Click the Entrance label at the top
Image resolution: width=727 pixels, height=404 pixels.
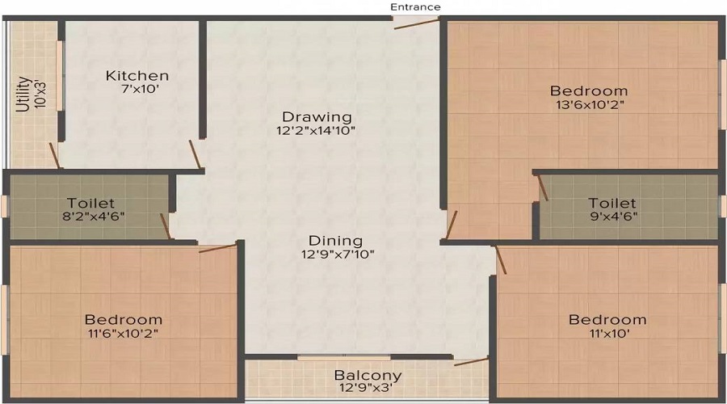tap(415, 7)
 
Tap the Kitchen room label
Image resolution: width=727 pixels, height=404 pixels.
tap(137, 76)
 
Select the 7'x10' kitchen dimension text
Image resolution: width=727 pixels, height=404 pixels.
tap(137, 90)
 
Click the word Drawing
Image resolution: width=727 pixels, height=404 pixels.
tap(305, 116)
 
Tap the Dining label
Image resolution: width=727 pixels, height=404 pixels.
tap(335, 241)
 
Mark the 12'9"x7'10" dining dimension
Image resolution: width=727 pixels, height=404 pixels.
tap(335, 255)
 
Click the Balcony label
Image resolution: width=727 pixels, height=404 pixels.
tap(368, 376)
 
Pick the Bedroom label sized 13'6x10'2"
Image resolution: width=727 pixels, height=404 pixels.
tap(588, 90)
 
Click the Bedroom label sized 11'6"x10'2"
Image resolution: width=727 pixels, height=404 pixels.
tap(123, 319)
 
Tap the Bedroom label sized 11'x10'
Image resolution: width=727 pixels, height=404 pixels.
tap(607, 319)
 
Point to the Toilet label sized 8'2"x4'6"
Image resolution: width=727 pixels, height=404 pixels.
tap(91, 203)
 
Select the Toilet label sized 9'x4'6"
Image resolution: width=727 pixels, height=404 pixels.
tap(611, 203)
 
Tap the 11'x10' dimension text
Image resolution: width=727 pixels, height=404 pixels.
tap(607, 333)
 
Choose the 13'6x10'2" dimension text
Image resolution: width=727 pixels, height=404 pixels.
tap(588, 104)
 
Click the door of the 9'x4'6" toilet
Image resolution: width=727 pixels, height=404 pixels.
tap(542, 187)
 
